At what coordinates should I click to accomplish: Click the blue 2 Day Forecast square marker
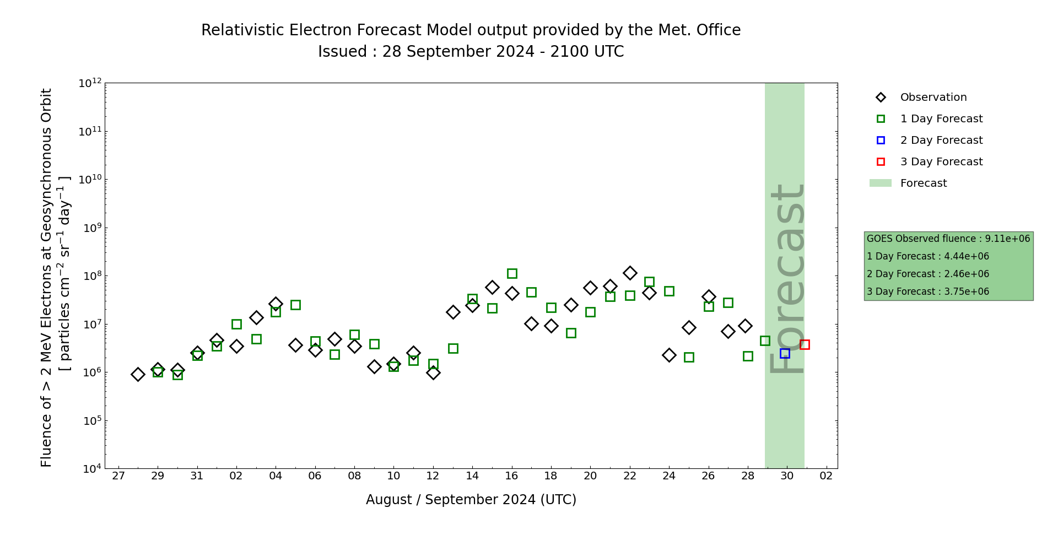tap(785, 353)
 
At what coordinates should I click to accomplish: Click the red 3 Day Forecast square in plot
tap(805, 344)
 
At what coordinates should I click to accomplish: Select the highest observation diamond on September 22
tap(630, 273)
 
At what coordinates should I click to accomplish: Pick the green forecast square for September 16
tap(512, 273)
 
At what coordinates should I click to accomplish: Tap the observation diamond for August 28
tap(138, 374)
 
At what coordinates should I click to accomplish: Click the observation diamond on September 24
tap(669, 355)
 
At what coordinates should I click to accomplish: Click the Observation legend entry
tap(933, 98)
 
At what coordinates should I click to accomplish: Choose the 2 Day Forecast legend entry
tap(941, 141)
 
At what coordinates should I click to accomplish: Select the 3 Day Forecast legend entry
tap(941, 162)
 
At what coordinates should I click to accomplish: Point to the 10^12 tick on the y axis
tap(90, 83)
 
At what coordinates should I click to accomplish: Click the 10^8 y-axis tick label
tap(90, 276)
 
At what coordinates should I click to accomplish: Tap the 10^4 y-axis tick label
tap(90, 469)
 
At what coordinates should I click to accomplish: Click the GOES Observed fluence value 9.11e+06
tap(1007, 239)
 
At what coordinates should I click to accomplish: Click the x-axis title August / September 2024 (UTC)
tap(471, 500)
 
